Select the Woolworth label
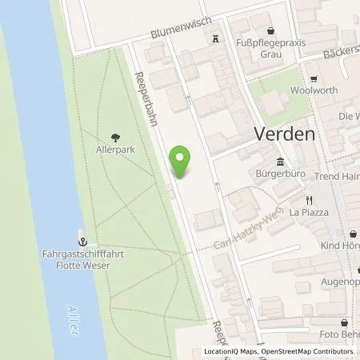pos(315,91)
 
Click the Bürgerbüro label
pos(281,170)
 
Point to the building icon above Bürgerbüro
pos(281,158)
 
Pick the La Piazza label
pos(305,213)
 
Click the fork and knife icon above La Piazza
pos(305,199)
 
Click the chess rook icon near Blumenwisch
pos(215,38)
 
